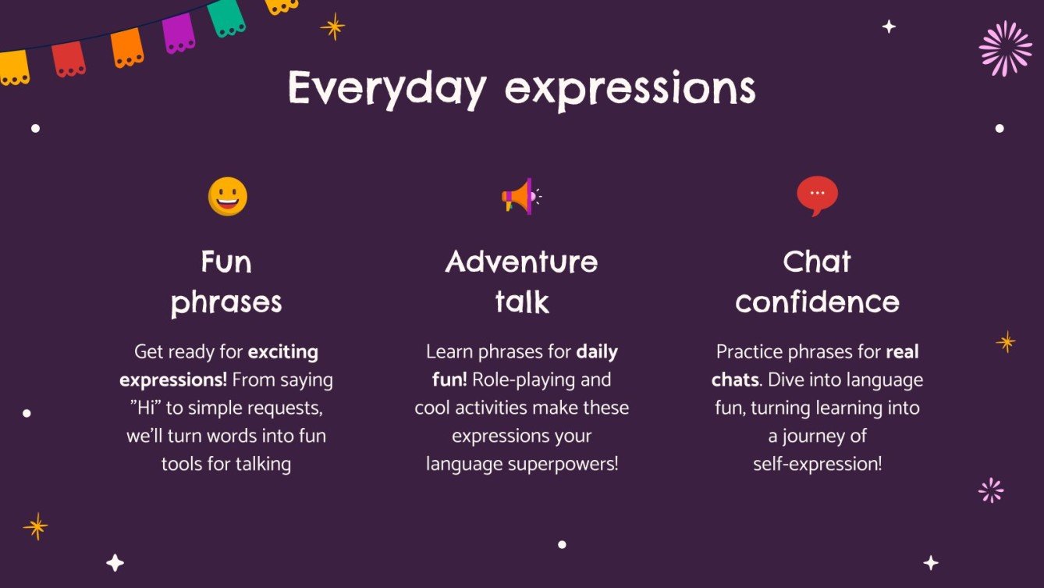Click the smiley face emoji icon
coord(227,196)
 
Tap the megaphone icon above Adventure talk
coord(519,196)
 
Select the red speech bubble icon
coord(817,195)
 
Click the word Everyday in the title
coord(386,88)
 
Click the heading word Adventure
coord(521,262)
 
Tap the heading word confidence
coord(817,301)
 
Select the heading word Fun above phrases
coord(226,262)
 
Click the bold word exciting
coord(282,352)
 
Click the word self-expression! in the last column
coord(817,464)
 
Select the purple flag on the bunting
coord(178,33)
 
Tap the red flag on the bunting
coord(69,58)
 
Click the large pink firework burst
coord(1005,48)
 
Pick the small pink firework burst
coord(991,490)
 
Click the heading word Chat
coord(817,262)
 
